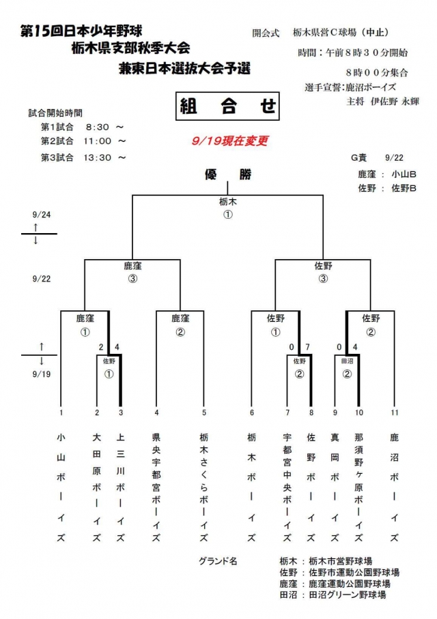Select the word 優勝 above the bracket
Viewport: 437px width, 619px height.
[x=228, y=175]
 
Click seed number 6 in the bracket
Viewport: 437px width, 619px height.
[x=251, y=412]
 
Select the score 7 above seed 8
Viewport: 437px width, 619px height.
[x=309, y=347]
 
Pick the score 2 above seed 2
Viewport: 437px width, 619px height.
[x=100, y=347]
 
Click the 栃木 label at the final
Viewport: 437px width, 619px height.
[x=228, y=202]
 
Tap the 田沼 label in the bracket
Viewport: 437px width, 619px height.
[x=347, y=361]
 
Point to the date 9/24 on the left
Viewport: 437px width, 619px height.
[x=36, y=213]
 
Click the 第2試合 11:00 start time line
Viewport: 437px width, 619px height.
[x=83, y=141]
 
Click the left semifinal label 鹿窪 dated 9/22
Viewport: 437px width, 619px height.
[x=132, y=266]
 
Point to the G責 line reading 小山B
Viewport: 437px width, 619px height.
[x=386, y=173]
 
